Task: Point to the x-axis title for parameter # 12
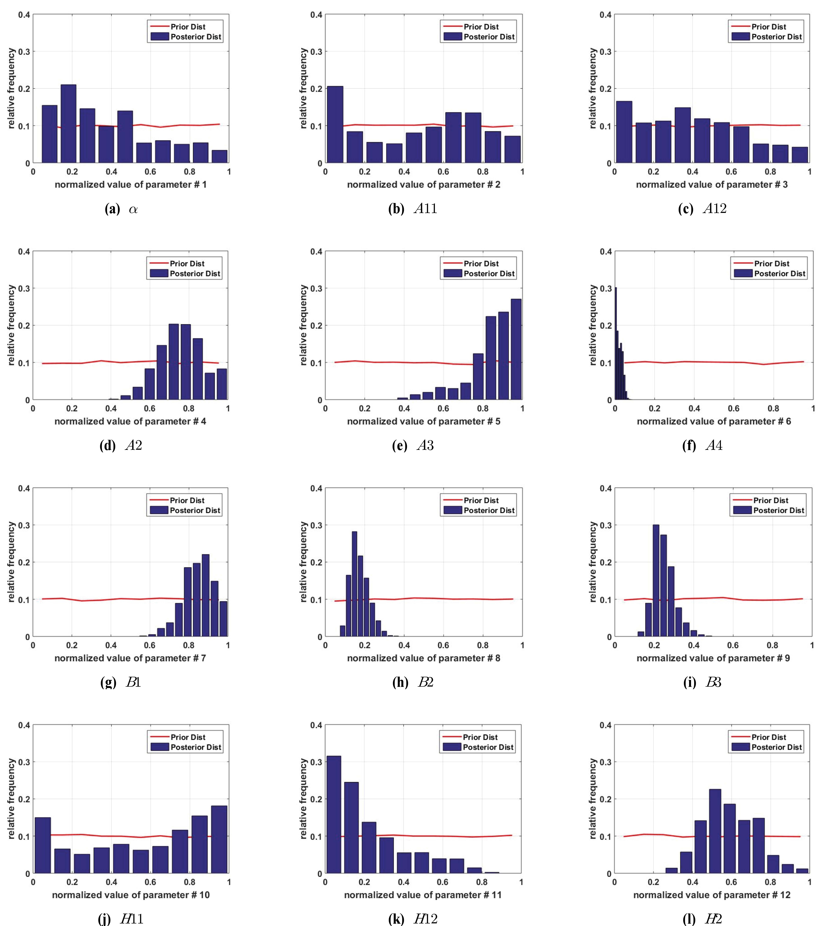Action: click(712, 895)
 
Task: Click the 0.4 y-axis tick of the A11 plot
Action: click(316, 15)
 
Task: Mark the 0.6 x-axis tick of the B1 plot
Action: click(150, 645)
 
